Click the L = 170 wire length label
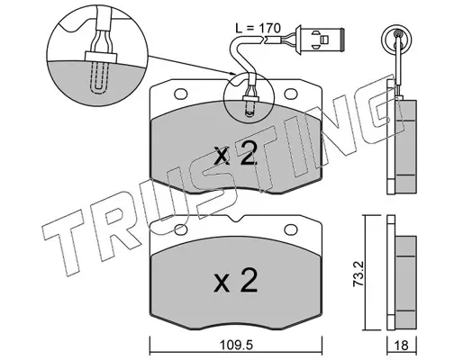click(x=258, y=28)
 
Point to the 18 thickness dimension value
click(x=402, y=346)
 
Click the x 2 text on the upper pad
click(x=236, y=154)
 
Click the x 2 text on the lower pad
click(x=236, y=280)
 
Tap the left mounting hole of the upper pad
click(x=181, y=94)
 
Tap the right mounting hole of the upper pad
click(x=291, y=94)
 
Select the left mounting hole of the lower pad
click(x=181, y=229)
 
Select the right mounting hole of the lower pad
click(x=291, y=229)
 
